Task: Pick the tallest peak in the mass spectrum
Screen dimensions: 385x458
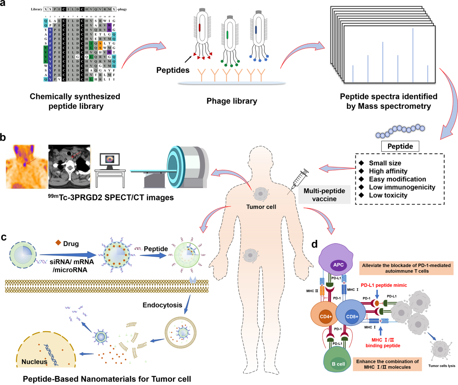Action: pos(413,55)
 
